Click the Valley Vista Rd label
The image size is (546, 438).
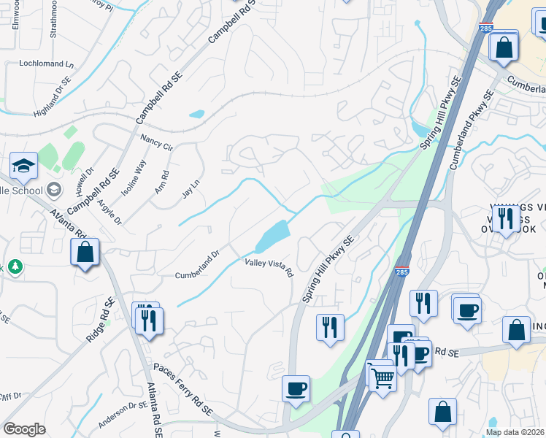tap(269, 268)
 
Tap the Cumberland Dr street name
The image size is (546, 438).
tap(197, 265)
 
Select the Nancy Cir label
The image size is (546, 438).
tap(155, 142)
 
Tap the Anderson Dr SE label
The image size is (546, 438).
tap(122, 415)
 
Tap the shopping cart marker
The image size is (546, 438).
tap(382, 377)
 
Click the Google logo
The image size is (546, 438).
tap(25, 429)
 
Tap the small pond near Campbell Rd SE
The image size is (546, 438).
tap(196, 115)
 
